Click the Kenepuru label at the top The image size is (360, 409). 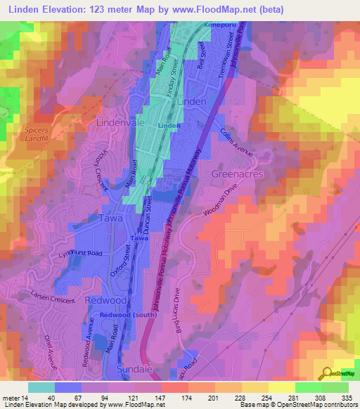click(217, 25)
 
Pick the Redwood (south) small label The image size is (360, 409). click(128, 316)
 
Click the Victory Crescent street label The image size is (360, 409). click(99, 170)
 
